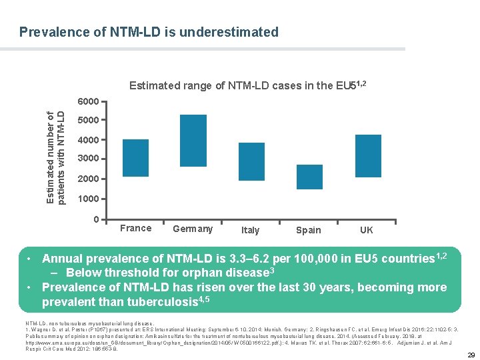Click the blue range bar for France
click(136, 158)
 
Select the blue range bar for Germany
click(193, 141)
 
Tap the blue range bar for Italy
click(251, 162)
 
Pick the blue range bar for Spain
click(309, 167)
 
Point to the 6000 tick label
click(88, 101)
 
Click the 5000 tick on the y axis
click(88, 121)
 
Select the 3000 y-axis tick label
click(88, 159)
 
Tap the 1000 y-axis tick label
click(88, 199)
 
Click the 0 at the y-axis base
click(96, 219)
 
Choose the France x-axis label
click(136, 228)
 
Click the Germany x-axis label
click(193, 229)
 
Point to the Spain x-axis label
click(308, 230)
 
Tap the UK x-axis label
click(367, 230)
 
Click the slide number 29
click(471, 355)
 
